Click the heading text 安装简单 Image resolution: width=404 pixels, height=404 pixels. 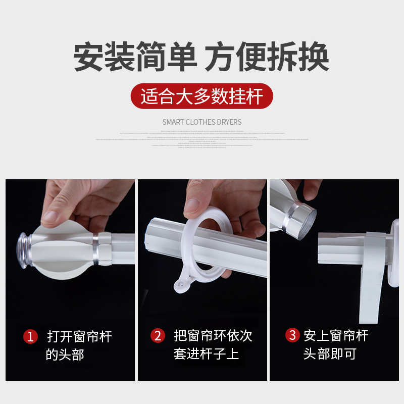pos(135,57)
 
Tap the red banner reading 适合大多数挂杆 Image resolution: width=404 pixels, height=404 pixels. pos(202,96)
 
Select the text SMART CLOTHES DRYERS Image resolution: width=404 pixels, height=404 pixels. pos(202,122)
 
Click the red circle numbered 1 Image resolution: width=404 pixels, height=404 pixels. pos(31,336)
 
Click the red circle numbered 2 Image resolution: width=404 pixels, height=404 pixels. pos(158,335)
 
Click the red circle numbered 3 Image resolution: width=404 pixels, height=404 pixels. pos(291,335)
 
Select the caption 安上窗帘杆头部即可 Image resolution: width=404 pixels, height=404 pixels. pos(336,344)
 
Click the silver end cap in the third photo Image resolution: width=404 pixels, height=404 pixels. pos(304,218)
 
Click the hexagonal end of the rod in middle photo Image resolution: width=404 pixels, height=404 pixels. pos(157,235)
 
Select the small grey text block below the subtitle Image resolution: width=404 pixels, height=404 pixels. pos(202,138)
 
